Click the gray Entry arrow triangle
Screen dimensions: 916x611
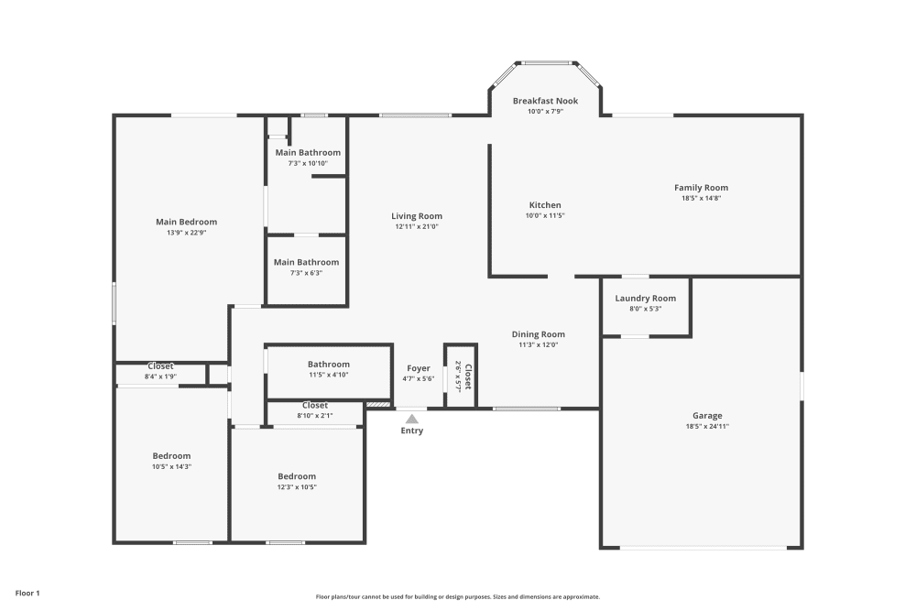coord(412,419)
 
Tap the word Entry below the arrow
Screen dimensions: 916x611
coord(412,431)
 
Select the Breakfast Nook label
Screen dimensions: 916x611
coord(546,101)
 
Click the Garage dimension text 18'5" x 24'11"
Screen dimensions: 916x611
coord(707,426)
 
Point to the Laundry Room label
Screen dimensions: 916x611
coord(646,299)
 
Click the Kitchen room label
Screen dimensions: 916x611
coord(545,205)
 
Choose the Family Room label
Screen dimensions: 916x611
coord(701,188)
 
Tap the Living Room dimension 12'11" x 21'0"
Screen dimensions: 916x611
coord(417,226)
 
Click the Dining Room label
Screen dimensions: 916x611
coord(538,334)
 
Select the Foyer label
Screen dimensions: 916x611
coord(419,368)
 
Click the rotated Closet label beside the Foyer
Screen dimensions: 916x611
coord(468,376)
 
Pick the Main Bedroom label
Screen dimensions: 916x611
coord(186,222)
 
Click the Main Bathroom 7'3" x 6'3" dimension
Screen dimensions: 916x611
coord(306,273)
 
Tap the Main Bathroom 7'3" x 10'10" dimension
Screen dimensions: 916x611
coord(308,164)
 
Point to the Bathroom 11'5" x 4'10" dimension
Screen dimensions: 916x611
coord(329,375)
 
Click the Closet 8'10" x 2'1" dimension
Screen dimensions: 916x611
coord(315,416)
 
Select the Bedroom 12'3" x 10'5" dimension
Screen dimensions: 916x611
coord(297,487)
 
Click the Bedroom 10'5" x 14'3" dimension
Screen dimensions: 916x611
coord(172,466)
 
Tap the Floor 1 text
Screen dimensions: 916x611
coord(27,593)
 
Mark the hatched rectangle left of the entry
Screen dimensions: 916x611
coord(378,404)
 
